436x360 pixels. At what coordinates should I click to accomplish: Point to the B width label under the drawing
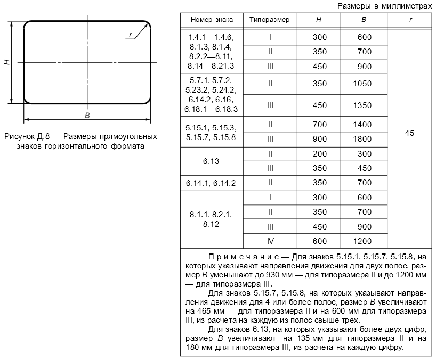(x=87, y=115)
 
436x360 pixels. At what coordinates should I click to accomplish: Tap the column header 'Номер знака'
(x=211, y=19)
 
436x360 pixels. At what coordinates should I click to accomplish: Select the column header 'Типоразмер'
(x=270, y=19)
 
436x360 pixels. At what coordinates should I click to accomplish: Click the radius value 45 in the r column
(x=409, y=133)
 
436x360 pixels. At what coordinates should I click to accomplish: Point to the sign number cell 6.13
(x=211, y=160)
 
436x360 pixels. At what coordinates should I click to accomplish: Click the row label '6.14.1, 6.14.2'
(x=211, y=183)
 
